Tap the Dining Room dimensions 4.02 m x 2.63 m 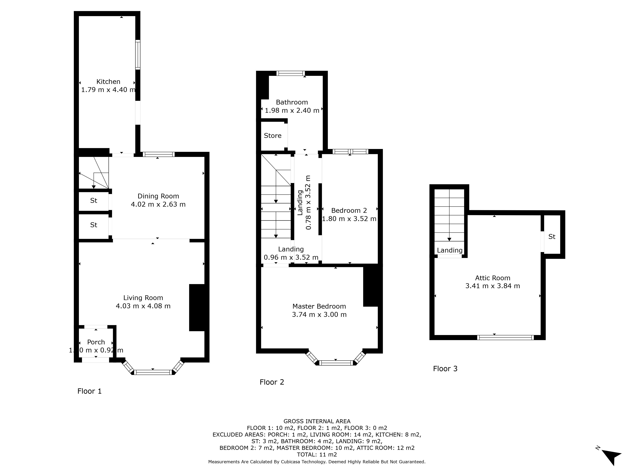click(x=158, y=204)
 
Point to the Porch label click(x=96, y=342)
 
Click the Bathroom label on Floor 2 click(x=292, y=102)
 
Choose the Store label click(x=273, y=136)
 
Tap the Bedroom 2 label click(x=349, y=210)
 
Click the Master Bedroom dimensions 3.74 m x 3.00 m click(x=319, y=315)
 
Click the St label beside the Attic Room click(x=552, y=237)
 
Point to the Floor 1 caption click(x=89, y=391)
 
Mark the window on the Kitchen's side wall click(x=138, y=55)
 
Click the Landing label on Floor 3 click(x=450, y=250)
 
